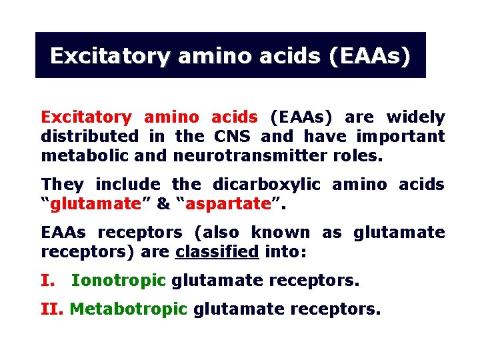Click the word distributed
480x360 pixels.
coord(90,137)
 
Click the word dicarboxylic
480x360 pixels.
coord(267,185)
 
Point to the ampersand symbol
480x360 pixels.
coord(163,204)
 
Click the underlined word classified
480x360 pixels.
coord(217,252)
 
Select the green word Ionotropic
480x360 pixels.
coord(118,281)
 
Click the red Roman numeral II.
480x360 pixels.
coord(53,309)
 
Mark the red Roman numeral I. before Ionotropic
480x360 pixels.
coord(47,281)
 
